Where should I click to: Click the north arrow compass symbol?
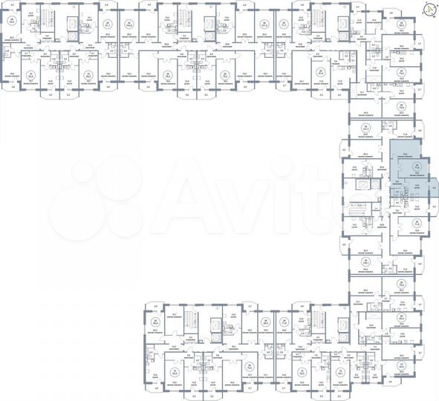pyautogui.click(x=430, y=9)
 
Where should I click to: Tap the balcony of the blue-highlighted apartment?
pyautogui.click(x=433, y=189)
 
